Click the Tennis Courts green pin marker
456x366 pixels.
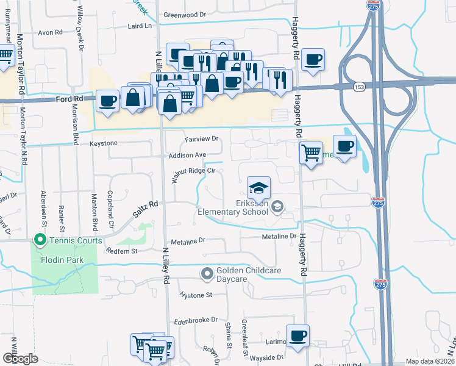[x=41, y=240]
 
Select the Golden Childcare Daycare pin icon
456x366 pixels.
[x=207, y=273]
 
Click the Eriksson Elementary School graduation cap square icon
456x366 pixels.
[x=259, y=187]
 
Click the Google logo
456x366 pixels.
[x=20, y=358]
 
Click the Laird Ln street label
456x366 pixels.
[x=140, y=26]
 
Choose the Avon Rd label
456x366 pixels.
[x=51, y=32]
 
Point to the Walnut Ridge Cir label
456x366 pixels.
[x=194, y=171]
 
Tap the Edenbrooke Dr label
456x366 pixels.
[x=196, y=320]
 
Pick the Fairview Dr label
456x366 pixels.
[x=201, y=140]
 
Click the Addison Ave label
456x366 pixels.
[x=188, y=155]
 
